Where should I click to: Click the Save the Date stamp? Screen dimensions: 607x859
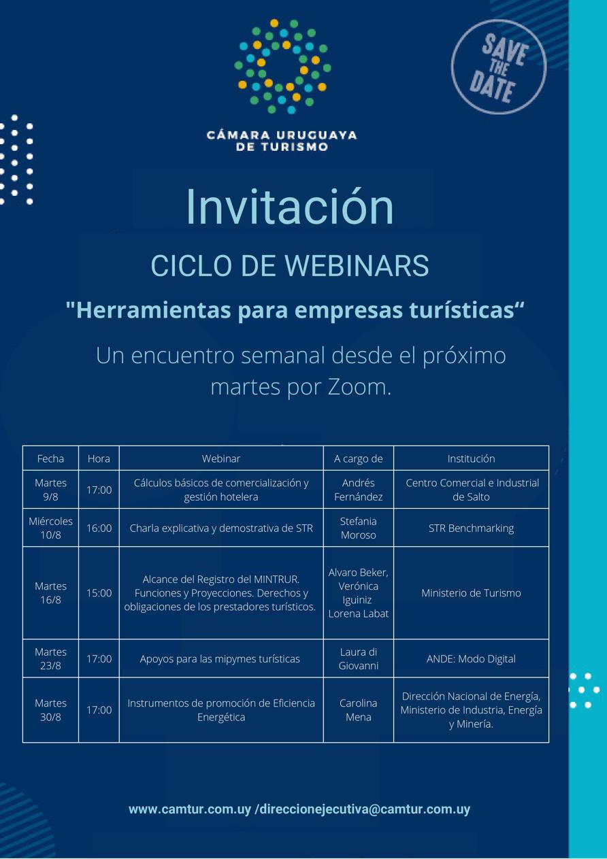click(498, 67)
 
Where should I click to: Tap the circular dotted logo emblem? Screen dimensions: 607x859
click(282, 67)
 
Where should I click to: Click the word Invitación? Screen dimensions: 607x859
click(290, 207)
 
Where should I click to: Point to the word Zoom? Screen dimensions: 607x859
click(359, 387)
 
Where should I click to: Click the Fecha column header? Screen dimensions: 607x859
click(50, 458)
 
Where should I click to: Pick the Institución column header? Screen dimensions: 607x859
click(471, 458)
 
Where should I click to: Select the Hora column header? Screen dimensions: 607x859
click(99, 458)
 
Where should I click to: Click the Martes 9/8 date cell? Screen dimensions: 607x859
click(50, 490)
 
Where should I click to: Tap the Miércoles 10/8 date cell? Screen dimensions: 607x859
click(50, 528)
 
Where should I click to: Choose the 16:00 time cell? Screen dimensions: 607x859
click(99, 528)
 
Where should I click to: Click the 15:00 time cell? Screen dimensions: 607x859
click(99, 593)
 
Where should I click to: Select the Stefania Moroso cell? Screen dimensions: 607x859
click(359, 528)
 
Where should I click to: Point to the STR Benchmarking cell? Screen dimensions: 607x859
click(471, 528)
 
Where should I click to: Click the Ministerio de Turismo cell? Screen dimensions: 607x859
click(471, 593)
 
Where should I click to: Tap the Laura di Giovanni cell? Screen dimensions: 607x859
click(359, 659)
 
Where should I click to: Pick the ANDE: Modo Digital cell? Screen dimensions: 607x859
click(471, 659)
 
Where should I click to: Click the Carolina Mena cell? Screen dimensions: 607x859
click(359, 710)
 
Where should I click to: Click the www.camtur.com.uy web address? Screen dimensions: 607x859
click(190, 809)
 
